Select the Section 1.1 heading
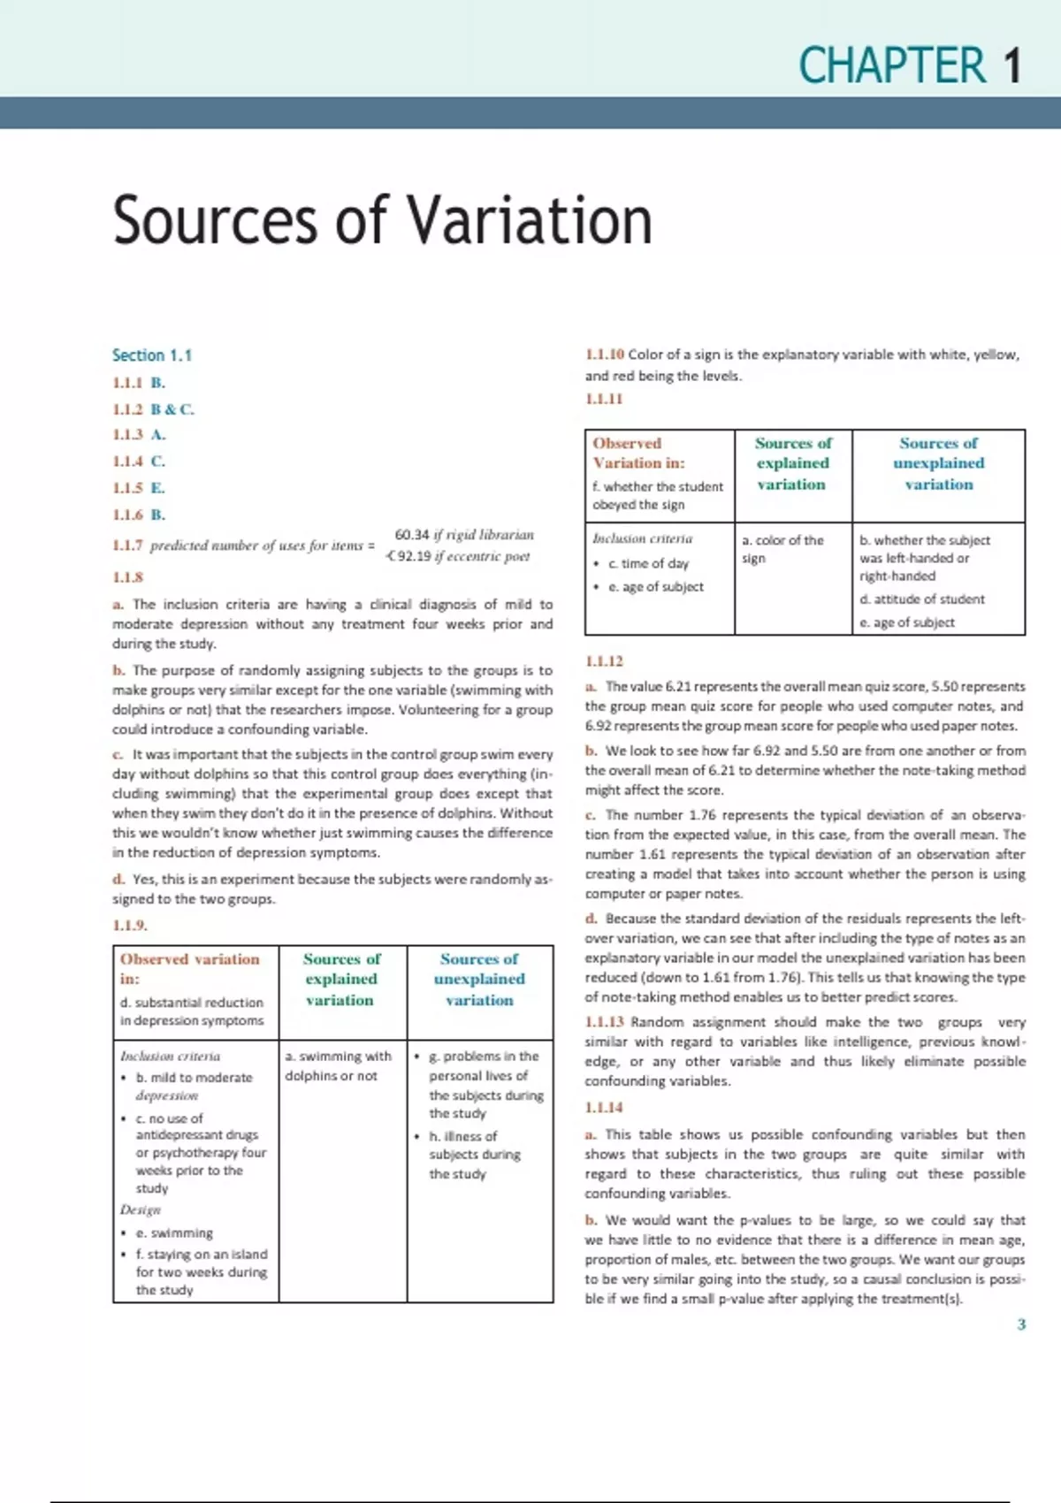152,355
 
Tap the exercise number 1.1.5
127,488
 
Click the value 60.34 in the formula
411,535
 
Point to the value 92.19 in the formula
414,556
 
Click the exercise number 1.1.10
605,355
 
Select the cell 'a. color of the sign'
782,549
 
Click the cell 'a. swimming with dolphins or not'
338,1065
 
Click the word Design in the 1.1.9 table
141,1209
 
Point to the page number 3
1021,1324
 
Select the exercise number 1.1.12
604,661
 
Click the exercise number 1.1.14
604,1108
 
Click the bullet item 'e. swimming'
174,1232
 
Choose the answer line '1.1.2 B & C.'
153,409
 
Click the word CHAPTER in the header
892,66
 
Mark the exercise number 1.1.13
604,1022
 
